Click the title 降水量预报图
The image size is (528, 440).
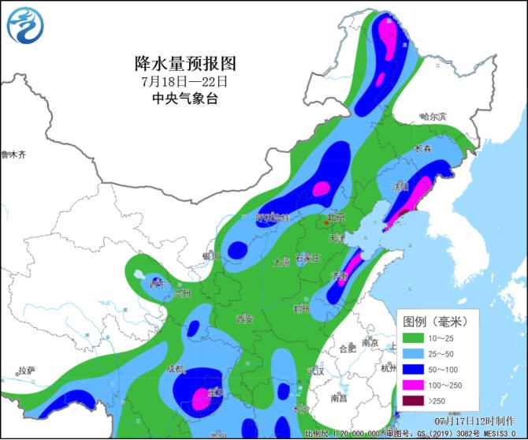[x=185, y=63]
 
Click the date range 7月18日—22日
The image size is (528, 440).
[x=184, y=81]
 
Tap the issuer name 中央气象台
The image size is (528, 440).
[x=184, y=99]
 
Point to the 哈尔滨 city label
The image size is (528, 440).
[x=433, y=117]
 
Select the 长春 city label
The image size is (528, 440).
[x=422, y=148]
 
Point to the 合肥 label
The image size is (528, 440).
[x=347, y=348]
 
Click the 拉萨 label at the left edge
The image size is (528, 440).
[x=26, y=371]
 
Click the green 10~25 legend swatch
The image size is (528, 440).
[x=417, y=338]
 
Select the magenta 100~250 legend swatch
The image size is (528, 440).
[x=417, y=386]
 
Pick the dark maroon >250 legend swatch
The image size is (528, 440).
[x=417, y=401]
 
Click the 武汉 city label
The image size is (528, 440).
[x=317, y=371]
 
